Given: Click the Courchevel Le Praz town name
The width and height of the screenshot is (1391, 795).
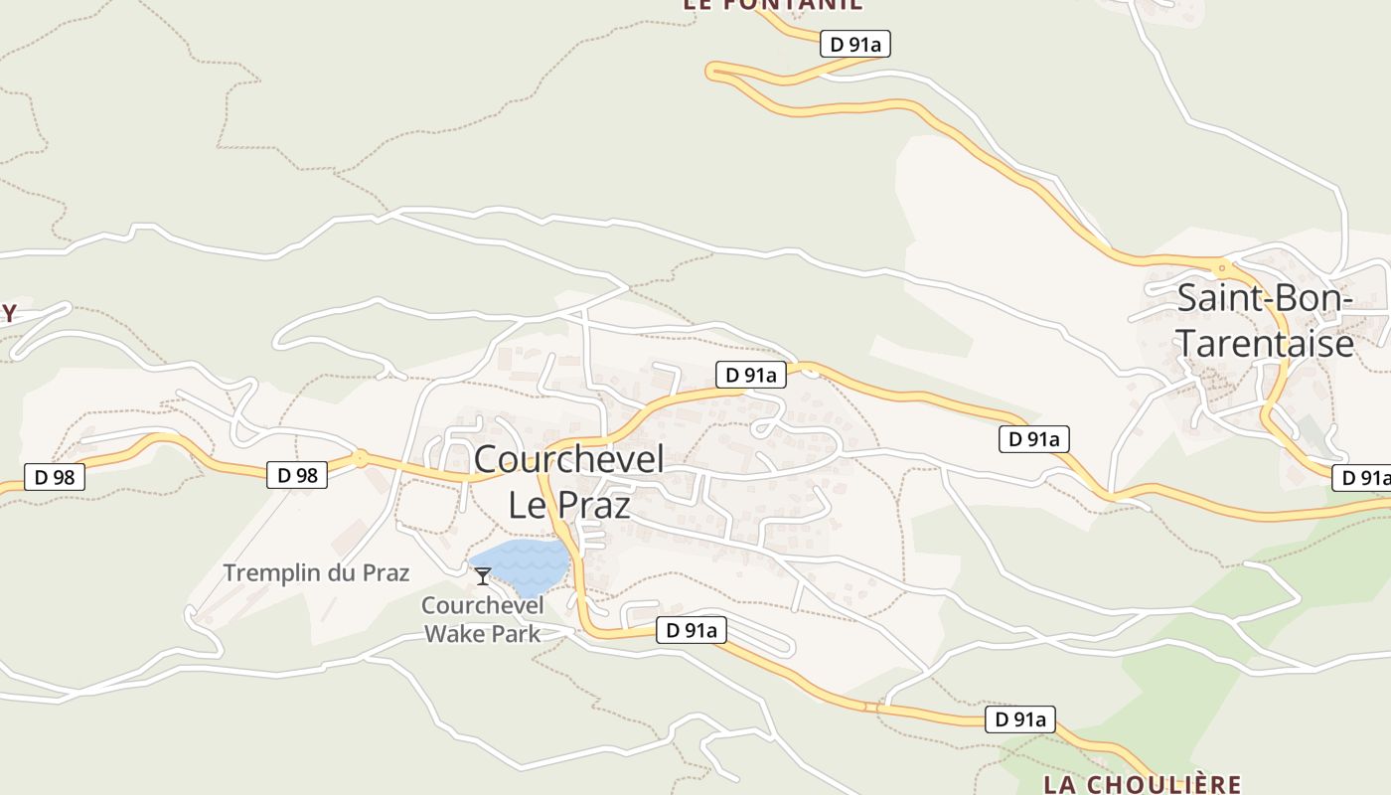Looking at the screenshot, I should point(568,482).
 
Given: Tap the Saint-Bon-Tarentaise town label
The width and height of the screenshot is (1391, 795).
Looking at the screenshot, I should point(1265,320).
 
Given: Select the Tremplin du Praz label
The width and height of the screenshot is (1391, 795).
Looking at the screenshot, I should point(316,573).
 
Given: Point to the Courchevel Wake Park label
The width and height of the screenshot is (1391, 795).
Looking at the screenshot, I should point(482,619).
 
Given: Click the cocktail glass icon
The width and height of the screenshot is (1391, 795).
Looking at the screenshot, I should point(483,575).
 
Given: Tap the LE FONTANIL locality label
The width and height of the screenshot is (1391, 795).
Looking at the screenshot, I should point(772,5).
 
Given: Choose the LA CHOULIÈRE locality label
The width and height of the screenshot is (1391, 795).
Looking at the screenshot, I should point(1142,784).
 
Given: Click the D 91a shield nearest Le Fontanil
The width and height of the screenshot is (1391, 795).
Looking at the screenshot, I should point(855,44).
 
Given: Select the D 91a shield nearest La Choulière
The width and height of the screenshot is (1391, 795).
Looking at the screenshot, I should point(1019,719).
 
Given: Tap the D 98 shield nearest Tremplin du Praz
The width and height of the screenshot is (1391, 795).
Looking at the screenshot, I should point(297,475).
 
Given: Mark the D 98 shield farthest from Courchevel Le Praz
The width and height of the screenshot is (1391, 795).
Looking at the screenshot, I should point(55,477).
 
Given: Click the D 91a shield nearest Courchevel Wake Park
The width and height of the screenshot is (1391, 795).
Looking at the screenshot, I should point(692,630).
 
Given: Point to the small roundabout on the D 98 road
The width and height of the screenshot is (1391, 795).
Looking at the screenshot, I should point(359,459).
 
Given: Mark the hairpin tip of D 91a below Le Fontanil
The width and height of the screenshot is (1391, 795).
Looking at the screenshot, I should point(711,70).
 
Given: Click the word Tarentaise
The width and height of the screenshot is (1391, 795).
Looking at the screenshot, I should point(1265,343).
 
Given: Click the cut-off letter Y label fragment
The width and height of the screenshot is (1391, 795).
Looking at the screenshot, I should point(8,314).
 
